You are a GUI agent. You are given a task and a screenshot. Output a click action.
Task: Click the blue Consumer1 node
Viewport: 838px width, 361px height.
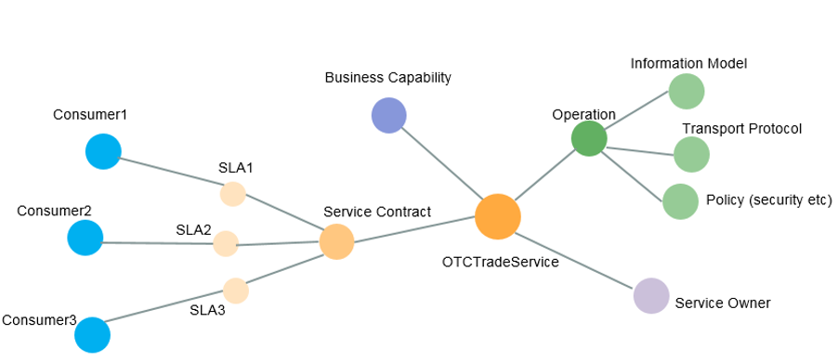(x=103, y=151)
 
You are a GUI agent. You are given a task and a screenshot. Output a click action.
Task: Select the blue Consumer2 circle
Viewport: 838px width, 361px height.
(x=85, y=238)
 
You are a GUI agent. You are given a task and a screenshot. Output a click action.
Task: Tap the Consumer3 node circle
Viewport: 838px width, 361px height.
(x=92, y=335)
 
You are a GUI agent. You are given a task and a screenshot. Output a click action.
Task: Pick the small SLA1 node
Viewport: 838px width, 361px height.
(x=232, y=194)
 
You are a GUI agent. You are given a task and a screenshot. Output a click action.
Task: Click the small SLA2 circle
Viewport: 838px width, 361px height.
(x=226, y=243)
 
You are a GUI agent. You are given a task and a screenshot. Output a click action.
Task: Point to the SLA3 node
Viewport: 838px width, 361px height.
(x=235, y=290)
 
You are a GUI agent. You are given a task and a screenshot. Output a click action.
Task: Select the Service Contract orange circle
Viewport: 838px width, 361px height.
(x=336, y=241)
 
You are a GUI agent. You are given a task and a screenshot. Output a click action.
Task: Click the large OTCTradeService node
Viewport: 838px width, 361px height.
(x=497, y=217)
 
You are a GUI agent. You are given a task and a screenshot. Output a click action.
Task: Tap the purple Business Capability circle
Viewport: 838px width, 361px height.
(x=388, y=116)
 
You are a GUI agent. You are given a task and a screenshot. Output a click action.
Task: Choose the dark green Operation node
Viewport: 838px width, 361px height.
(x=588, y=138)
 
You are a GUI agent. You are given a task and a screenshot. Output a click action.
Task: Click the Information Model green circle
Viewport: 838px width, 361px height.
(x=687, y=92)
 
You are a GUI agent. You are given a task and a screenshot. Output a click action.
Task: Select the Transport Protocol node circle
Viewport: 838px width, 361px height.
(x=691, y=154)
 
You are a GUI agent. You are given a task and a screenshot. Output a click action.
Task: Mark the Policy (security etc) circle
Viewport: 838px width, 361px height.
(x=680, y=201)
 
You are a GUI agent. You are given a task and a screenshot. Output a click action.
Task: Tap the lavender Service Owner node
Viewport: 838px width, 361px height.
(x=650, y=296)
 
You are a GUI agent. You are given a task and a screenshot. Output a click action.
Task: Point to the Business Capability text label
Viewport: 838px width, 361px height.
(x=387, y=77)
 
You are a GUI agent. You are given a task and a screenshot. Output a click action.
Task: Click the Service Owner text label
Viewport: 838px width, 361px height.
(x=722, y=303)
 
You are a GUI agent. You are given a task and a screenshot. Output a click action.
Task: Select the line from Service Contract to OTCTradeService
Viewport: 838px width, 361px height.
(x=413, y=230)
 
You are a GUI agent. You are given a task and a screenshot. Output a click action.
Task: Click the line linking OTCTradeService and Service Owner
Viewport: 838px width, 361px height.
(x=576, y=258)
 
